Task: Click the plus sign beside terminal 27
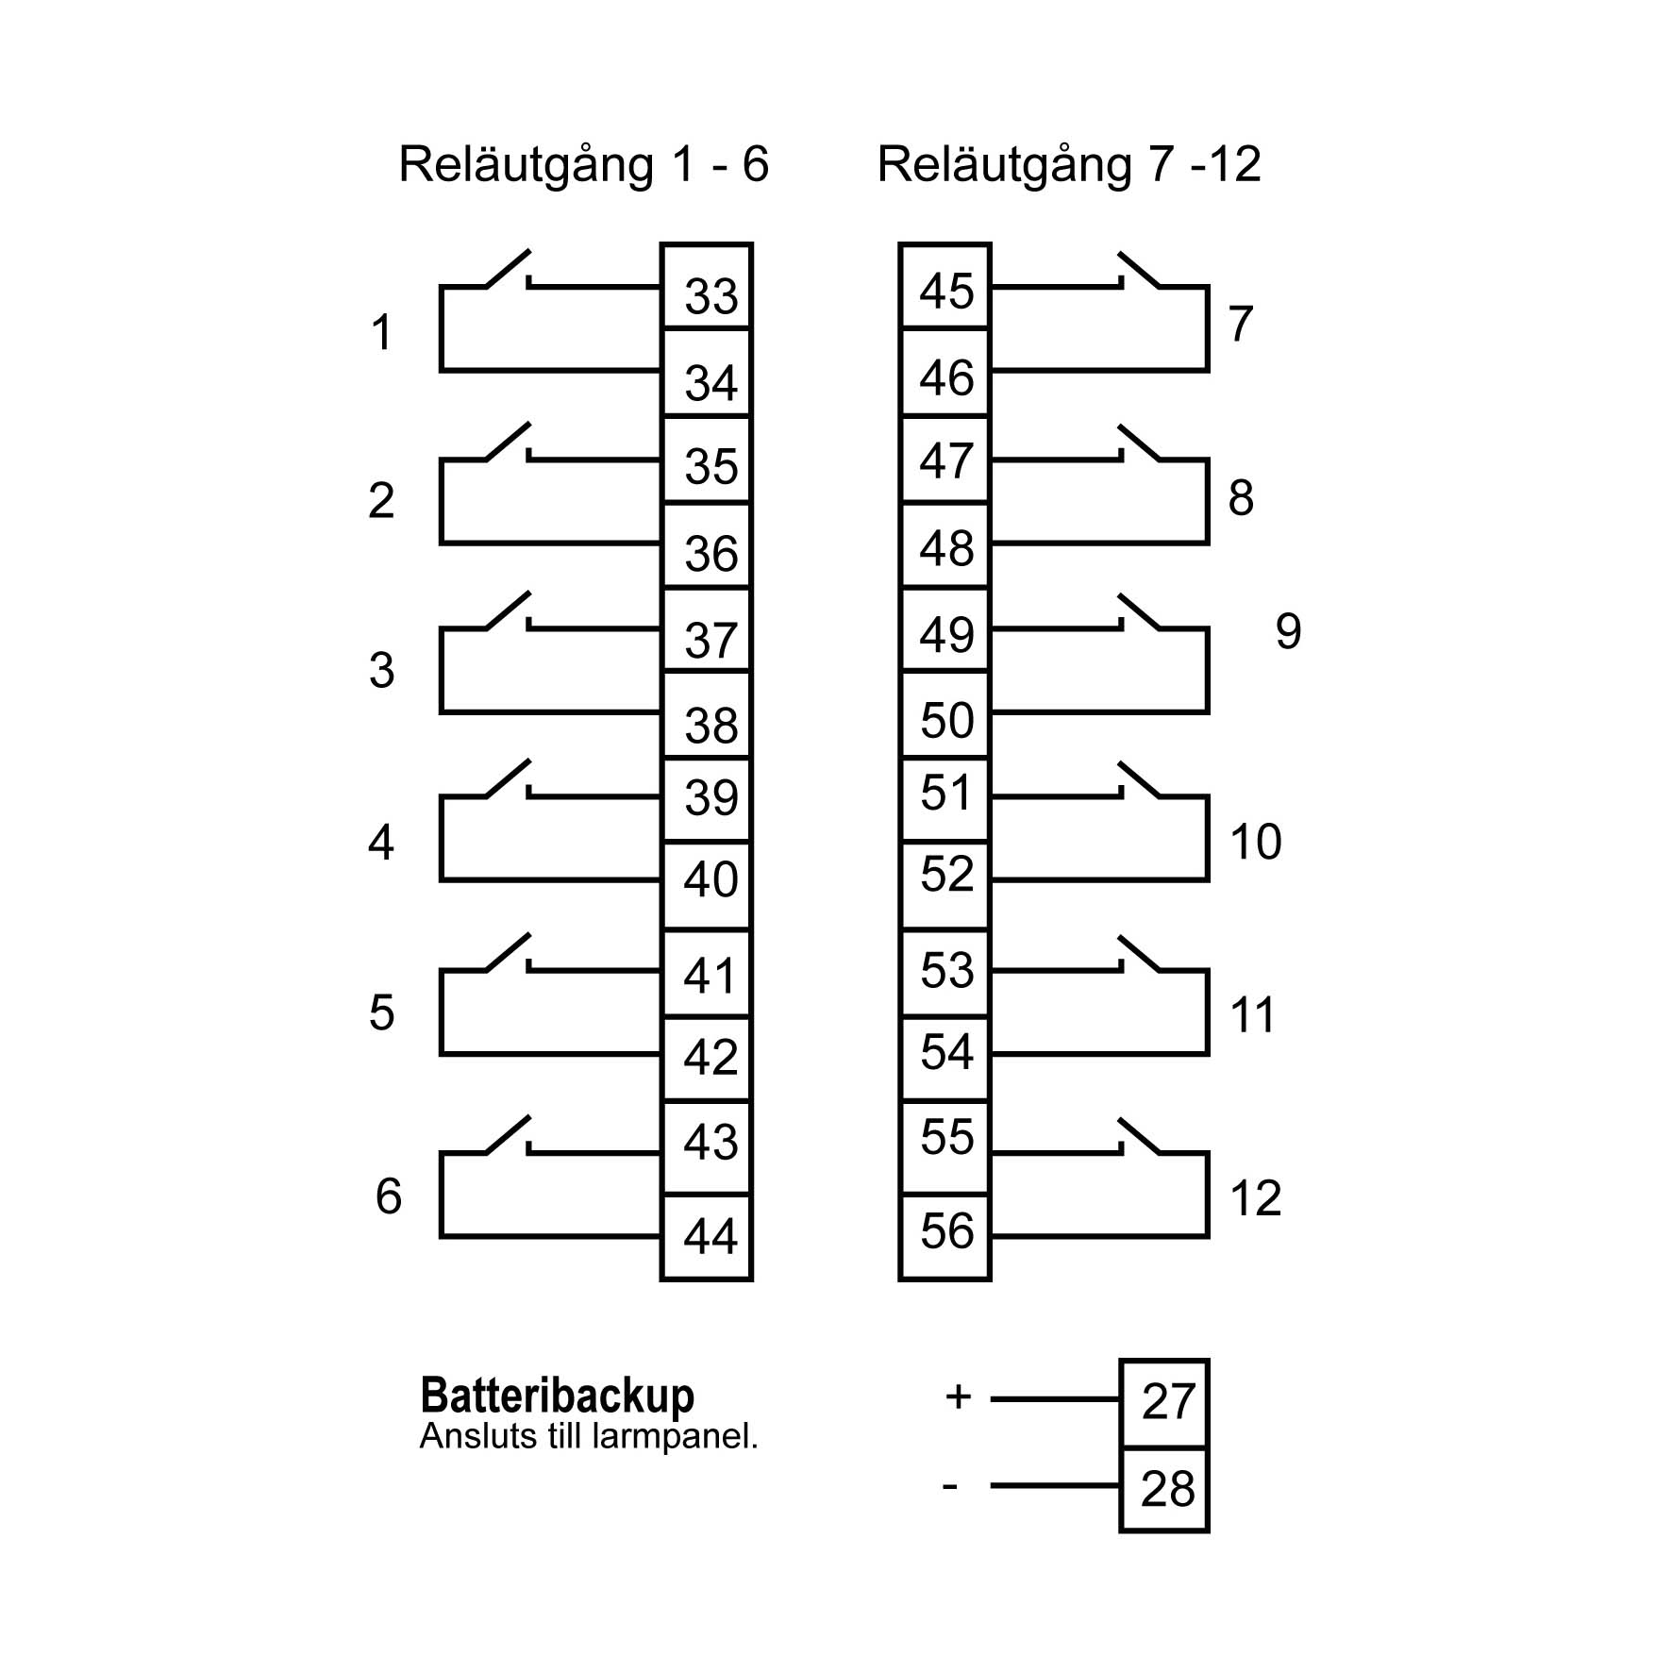(x=958, y=1396)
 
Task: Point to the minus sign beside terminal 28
(x=949, y=1487)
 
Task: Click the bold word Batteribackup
(x=557, y=1396)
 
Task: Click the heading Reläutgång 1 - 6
(x=583, y=164)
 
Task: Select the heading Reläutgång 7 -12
(x=1068, y=164)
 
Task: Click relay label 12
(x=1255, y=1198)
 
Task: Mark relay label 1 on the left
(x=381, y=332)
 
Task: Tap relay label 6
(x=388, y=1196)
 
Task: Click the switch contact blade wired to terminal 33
(x=508, y=268)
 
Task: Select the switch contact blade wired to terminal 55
(x=1139, y=1136)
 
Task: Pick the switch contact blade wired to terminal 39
(x=508, y=778)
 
